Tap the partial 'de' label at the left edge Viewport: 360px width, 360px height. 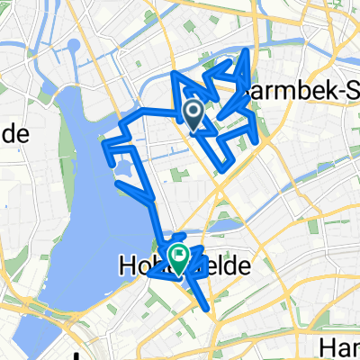tap(16, 135)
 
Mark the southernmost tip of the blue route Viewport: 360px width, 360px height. tap(211, 310)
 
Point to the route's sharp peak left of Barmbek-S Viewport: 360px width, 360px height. tap(242, 55)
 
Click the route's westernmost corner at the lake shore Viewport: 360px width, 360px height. tap(106, 143)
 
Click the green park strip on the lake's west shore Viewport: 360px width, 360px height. tap(66, 162)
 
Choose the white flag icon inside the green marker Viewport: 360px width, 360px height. tap(179, 254)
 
